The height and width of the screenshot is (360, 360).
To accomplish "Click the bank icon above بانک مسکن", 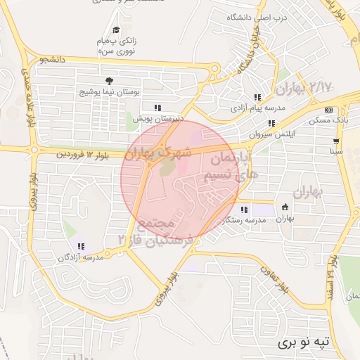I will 329,110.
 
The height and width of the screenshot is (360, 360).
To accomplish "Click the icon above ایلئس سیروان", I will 271,123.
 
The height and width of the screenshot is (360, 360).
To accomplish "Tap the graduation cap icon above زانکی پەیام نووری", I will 116,30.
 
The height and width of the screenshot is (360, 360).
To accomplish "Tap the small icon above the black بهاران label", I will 285,207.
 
